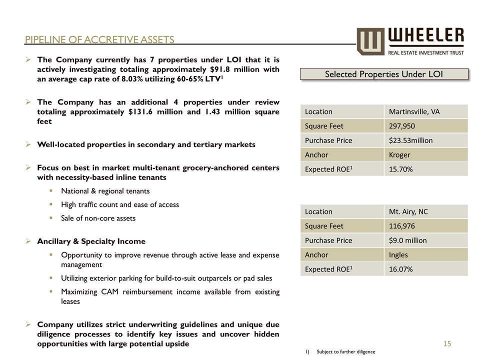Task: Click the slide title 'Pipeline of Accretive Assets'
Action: coord(100,40)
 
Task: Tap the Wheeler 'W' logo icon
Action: coord(370,41)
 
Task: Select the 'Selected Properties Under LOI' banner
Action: coord(384,74)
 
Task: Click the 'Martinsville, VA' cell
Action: coord(414,111)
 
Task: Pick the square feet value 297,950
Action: coord(401,126)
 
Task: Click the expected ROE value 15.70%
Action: coord(400,169)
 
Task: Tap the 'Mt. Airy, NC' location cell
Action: coord(408,211)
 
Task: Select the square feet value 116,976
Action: coord(401,226)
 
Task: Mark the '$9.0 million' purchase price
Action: coord(407,240)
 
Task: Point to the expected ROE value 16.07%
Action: coord(400,269)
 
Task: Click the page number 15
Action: coord(447,343)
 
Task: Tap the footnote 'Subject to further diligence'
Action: coord(345,352)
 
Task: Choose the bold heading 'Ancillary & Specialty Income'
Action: coord(91,241)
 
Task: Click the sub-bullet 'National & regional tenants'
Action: coord(105,191)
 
